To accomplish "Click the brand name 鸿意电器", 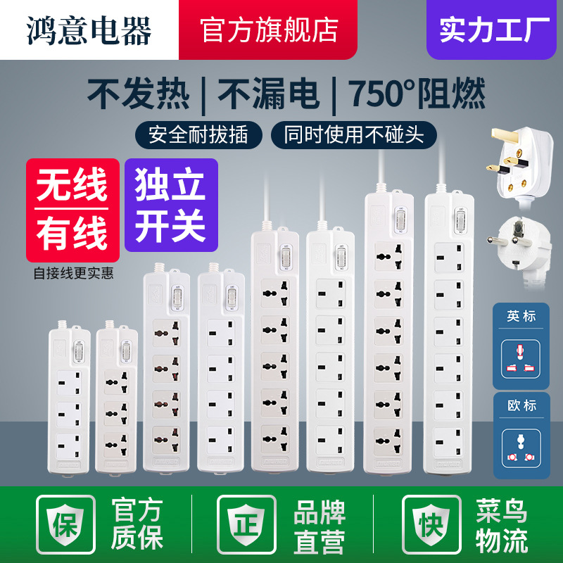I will [x=89, y=30].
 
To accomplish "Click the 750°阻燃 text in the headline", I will [x=417, y=94].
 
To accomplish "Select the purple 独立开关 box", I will [x=171, y=205].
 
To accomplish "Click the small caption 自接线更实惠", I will [x=72, y=273].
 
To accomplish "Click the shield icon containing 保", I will [x=66, y=524].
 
